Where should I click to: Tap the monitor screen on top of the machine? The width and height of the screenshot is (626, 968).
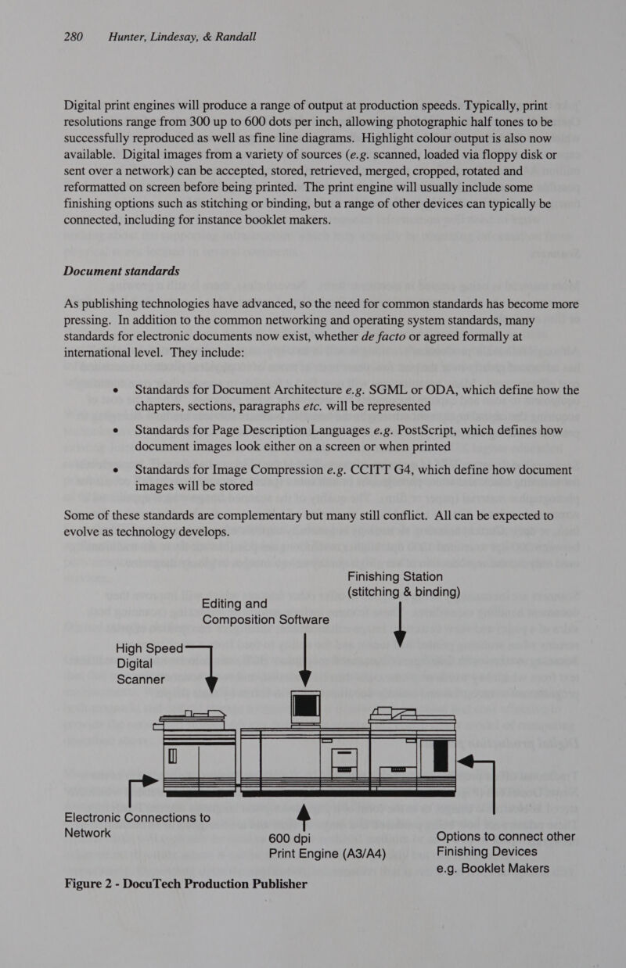tap(301, 706)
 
